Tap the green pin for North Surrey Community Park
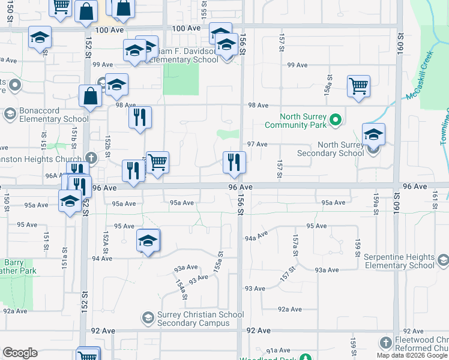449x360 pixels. pyautogui.click(x=336, y=121)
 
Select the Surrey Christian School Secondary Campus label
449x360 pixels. pyautogui.click(x=193, y=319)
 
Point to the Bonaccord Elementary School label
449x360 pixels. pyautogui.click(x=46, y=115)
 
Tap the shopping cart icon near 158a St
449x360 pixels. pyautogui.click(x=358, y=86)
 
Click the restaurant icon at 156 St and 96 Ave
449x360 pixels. pyautogui.click(x=234, y=162)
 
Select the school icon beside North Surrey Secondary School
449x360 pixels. pyautogui.click(x=373, y=134)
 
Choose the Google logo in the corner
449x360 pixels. pyautogui.click(x=20, y=353)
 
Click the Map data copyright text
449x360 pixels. pyautogui.click(x=412, y=355)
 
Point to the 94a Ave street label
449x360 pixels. pyautogui.click(x=256, y=237)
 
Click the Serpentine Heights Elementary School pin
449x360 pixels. pyautogui.click(x=443, y=260)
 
